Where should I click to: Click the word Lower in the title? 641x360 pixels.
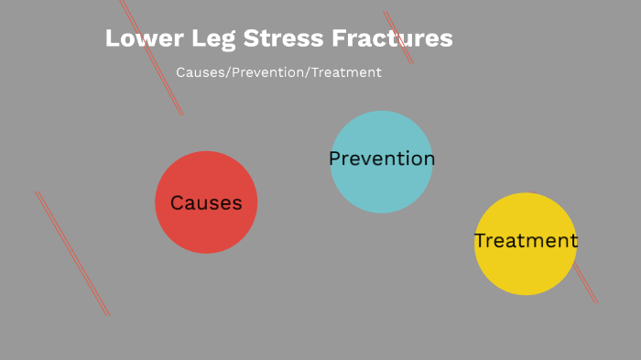pos(137,38)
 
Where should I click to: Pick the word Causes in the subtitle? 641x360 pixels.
pos(200,72)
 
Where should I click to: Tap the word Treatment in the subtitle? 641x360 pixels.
pos(346,72)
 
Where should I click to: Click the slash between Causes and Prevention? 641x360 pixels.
pos(228,72)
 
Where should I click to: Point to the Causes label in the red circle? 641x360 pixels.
pos(206,203)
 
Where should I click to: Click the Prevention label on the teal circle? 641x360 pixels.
pos(381,159)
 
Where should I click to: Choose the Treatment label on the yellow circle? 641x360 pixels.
pos(526,241)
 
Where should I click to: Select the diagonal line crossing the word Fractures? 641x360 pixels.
pos(399,38)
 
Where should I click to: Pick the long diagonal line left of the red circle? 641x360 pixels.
pos(72,254)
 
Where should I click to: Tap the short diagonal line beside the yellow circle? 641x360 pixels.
pos(586,284)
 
